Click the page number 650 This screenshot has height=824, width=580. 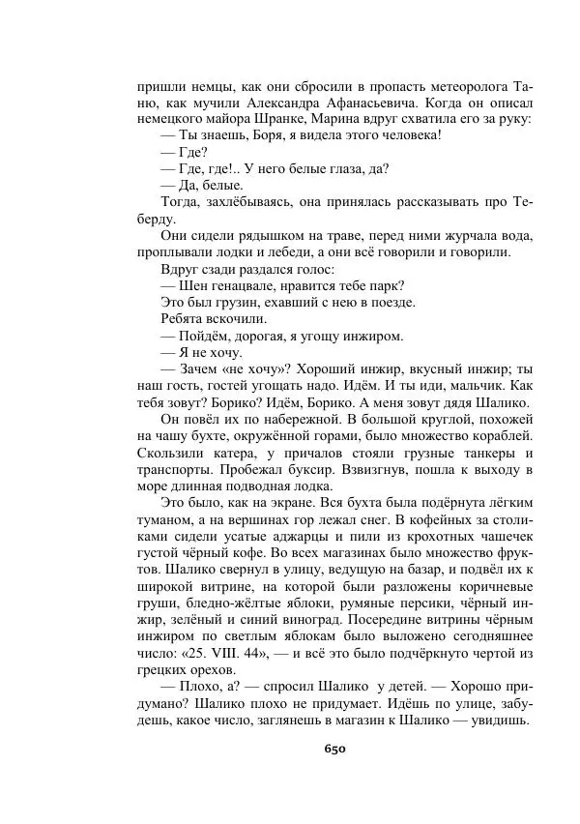pos(334,748)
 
